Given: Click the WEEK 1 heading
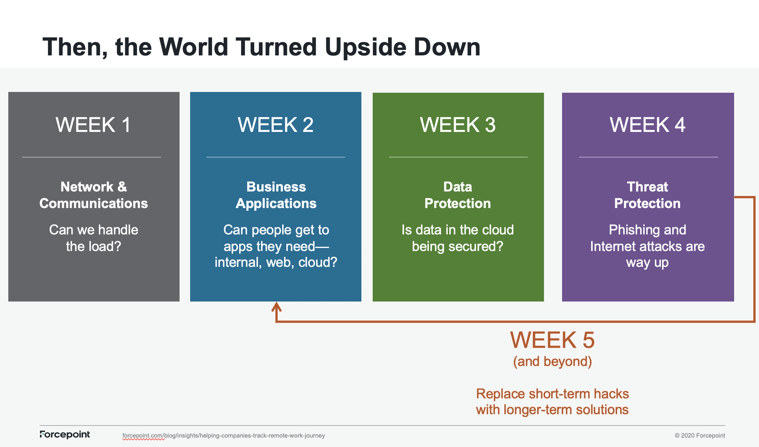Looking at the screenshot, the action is [93, 125].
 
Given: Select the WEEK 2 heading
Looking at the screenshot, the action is [275, 125].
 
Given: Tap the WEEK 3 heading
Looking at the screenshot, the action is [458, 125].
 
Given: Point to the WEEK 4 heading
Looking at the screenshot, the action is [647, 125].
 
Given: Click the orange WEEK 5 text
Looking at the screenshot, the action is [552, 340].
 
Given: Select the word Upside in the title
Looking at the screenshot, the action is [365, 47].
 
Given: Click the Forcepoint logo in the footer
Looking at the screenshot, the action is [65, 435].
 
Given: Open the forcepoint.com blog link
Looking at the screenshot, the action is [223, 436].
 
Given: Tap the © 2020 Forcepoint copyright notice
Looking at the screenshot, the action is [700, 436].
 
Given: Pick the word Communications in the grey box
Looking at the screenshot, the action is [94, 204].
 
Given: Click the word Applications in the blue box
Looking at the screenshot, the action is [276, 204].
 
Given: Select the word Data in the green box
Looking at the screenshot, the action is [458, 187].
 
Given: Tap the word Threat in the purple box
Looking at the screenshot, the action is [647, 187].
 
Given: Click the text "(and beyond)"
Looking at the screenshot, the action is [552, 361].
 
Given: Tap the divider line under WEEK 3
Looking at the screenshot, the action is [458, 157].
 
